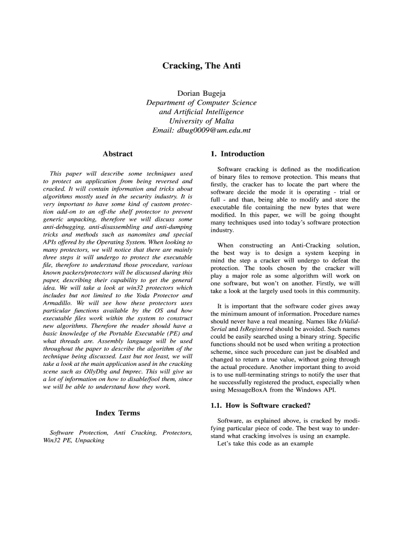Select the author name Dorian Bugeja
(x=201, y=93)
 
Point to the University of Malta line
(x=201, y=121)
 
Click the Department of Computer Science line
(x=201, y=103)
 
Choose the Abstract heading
(x=118, y=154)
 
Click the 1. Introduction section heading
(x=237, y=154)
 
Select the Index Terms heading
(x=118, y=413)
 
